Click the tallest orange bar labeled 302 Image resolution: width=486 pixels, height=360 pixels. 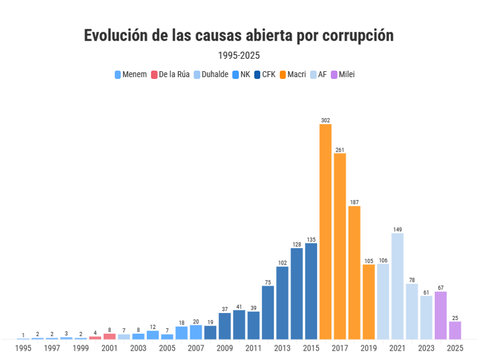coord(325,231)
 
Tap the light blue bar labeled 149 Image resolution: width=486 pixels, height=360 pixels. coord(397,286)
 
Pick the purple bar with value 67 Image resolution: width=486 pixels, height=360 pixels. coord(441,315)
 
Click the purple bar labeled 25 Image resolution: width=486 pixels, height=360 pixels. coord(455,330)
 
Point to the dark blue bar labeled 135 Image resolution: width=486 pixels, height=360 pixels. coord(311,291)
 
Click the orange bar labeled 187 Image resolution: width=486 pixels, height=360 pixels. coord(354,272)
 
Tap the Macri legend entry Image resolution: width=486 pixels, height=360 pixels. coord(292,75)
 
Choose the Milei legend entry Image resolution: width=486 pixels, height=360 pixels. coord(342,75)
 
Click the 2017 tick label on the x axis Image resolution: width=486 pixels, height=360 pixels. coord(339,348)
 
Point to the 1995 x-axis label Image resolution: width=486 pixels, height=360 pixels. coord(24,348)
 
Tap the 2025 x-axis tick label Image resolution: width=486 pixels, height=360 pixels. coord(455,348)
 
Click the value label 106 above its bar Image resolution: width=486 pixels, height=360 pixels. coord(383,261)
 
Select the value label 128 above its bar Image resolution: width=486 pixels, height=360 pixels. coord(297,245)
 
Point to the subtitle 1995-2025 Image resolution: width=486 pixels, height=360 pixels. coord(239,56)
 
